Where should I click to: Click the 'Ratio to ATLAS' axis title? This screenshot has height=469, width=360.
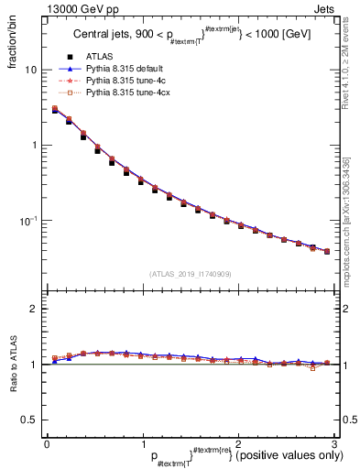coord(14,365)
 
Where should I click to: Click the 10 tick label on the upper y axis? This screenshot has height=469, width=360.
coord(31,70)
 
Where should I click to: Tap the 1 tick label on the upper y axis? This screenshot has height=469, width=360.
coord(34,145)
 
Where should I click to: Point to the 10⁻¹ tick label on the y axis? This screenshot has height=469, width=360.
coord(29,220)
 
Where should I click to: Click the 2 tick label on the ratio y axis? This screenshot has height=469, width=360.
coord(34,310)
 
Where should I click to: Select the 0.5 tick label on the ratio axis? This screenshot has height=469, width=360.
coord(29,420)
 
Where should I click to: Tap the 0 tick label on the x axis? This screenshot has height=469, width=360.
coord(47,442)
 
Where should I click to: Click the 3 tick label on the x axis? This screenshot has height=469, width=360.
coord(334,442)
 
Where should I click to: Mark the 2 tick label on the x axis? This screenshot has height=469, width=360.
coord(238,442)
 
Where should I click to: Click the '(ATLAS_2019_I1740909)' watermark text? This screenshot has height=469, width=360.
coord(191,274)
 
